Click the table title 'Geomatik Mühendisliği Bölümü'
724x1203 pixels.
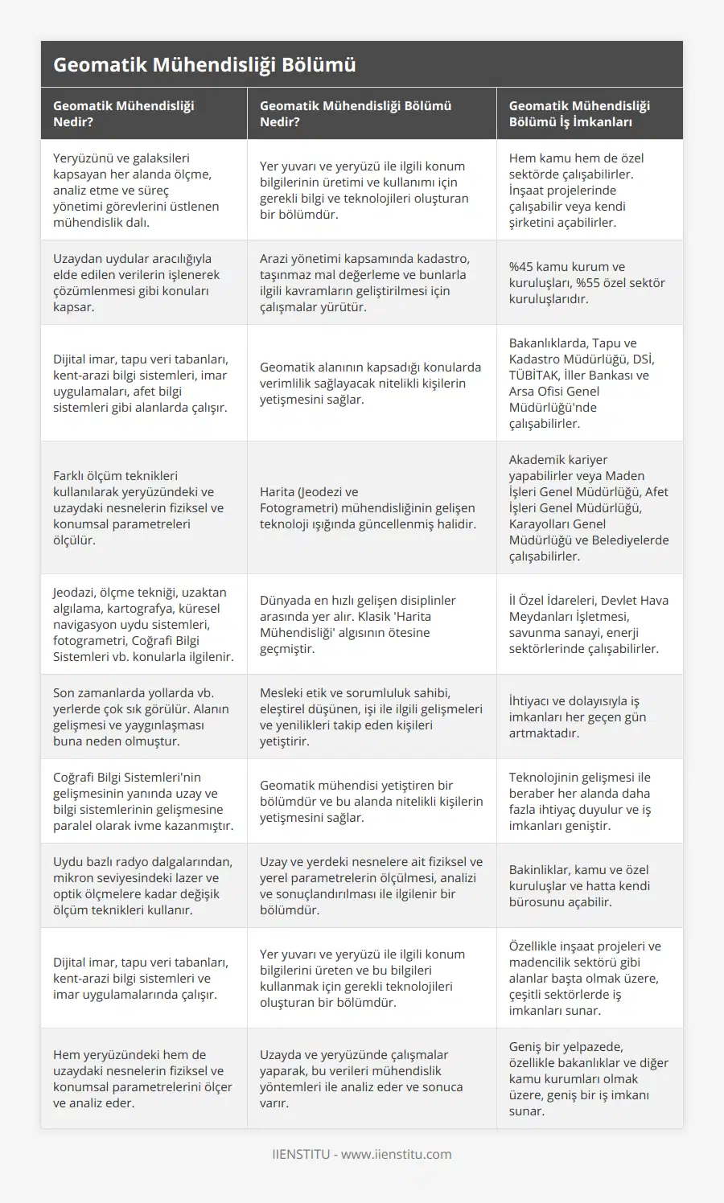point(204,65)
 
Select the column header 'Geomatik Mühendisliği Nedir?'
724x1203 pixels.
point(123,113)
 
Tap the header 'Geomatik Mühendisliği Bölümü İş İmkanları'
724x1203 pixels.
point(579,113)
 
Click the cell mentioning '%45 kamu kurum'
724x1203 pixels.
point(587,282)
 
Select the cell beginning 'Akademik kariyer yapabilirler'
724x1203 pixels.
point(589,507)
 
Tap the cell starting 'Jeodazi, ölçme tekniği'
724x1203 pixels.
point(143,624)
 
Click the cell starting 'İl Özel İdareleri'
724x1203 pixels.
point(589,624)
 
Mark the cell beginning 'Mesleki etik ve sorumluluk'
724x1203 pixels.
point(371,716)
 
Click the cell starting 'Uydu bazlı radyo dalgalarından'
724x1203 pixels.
point(142,885)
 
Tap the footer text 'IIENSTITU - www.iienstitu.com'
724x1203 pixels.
point(362,1154)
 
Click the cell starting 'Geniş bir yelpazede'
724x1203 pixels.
point(589,1078)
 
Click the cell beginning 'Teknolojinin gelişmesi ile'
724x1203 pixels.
point(580,801)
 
